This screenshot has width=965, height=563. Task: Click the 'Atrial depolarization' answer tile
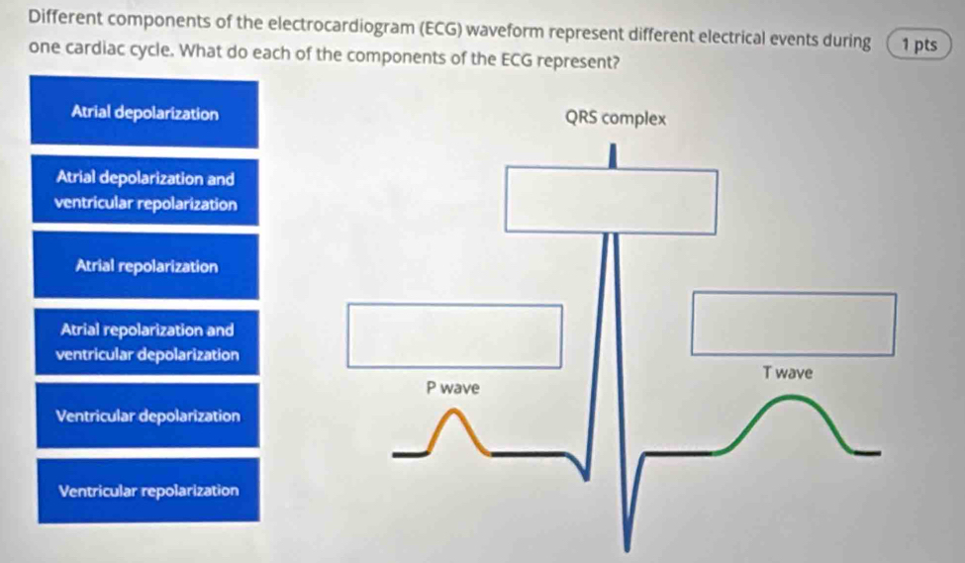pos(145,113)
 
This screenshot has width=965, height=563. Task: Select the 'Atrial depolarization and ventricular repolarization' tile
pos(145,191)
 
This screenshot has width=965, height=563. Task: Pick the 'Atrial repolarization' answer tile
pos(146,266)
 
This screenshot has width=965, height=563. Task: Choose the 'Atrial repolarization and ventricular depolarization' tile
pos(147,342)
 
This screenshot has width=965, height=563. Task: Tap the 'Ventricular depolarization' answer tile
pos(147,416)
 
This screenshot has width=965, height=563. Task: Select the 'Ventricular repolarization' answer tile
pos(148,491)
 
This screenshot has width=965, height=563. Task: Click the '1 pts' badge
pos(918,45)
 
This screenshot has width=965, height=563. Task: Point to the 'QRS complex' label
pos(616,118)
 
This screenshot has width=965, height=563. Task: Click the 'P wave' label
pos(453,388)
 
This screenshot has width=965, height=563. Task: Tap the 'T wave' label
pos(788,373)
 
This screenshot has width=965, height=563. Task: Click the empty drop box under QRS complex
pos(611,201)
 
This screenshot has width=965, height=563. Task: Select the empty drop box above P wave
pos(455,335)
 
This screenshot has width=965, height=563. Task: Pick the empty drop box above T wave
pos(794,324)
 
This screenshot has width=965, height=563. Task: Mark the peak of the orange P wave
pos(454,411)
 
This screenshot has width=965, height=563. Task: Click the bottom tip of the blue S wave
pos(627,549)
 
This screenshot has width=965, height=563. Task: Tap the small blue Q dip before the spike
pos(585,478)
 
